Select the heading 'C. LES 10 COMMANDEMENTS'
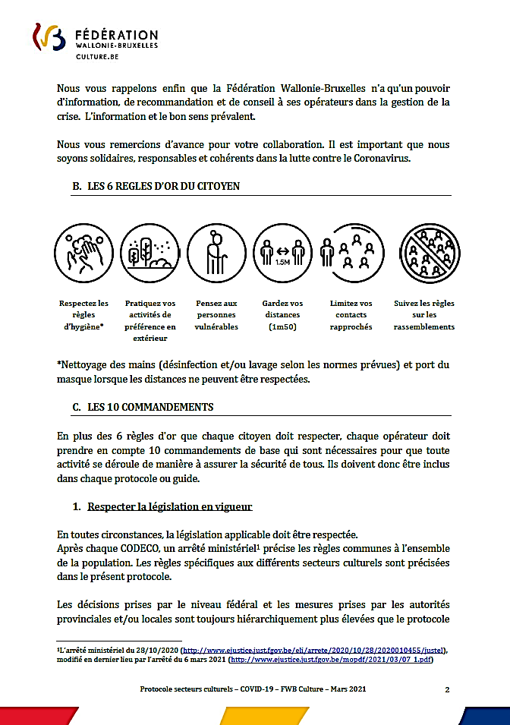coord(143,407)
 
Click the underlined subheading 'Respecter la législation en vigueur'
coord(170,506)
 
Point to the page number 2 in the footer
coord(447,689)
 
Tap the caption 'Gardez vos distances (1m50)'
coord(282,314)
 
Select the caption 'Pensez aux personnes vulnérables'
coord(216,314)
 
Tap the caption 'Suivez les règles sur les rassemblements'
coord(424,314)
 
